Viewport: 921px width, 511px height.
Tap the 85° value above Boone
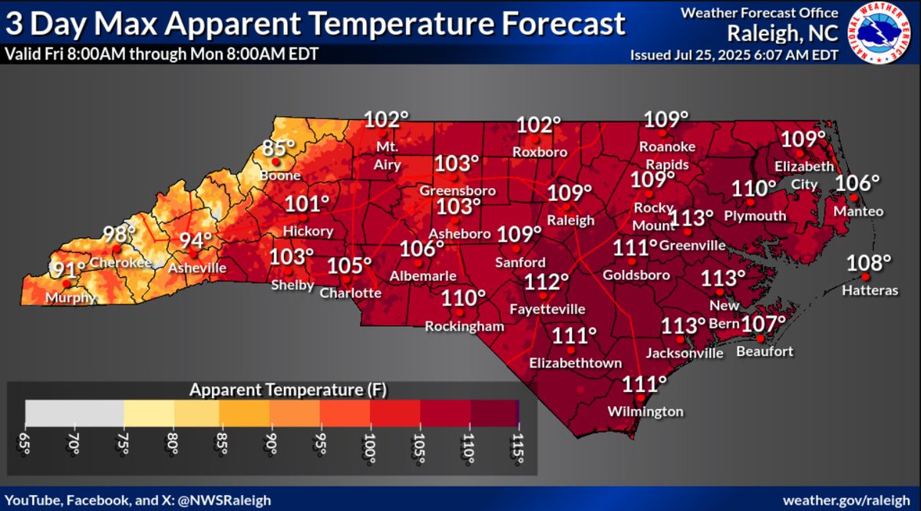coord(279,148)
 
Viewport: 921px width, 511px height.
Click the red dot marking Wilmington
coord(640,398)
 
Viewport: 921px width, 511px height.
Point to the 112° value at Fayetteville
coord(547,282)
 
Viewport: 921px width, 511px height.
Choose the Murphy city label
coord(74,298)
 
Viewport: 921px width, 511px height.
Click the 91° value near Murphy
coord(69,271)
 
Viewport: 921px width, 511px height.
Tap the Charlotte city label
coord(350,293)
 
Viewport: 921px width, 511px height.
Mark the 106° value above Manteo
coord(857,184)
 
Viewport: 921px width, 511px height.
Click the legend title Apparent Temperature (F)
coord(288,390)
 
